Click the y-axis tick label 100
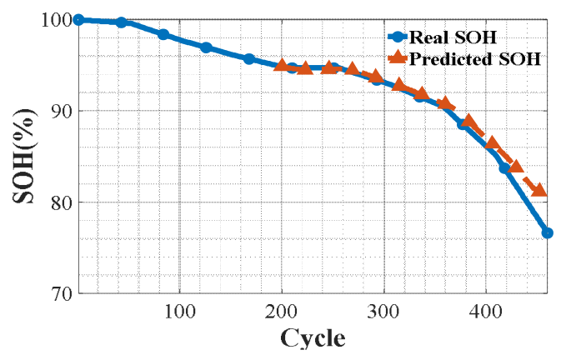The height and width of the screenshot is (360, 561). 58,20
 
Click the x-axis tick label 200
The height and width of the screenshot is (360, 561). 281,312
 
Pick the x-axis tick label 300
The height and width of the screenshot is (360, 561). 383,312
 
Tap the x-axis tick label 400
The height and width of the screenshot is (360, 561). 485,312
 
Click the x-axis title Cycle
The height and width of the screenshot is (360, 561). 313,338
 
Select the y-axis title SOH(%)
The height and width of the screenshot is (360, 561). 24,156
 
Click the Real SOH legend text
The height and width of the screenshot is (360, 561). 453,37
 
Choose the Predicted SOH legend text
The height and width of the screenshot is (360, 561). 475,59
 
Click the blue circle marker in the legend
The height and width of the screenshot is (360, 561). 398,37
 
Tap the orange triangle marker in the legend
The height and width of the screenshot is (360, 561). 398,58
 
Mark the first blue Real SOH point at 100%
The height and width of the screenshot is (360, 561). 78,20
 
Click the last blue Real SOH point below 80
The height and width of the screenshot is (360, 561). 547,233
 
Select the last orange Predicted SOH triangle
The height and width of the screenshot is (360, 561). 539,190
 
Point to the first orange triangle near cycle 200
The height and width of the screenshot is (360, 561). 282,65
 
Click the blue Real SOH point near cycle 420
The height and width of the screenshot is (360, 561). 505,167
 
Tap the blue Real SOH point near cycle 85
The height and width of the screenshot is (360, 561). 163,35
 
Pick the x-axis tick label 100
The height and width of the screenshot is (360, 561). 179,312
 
